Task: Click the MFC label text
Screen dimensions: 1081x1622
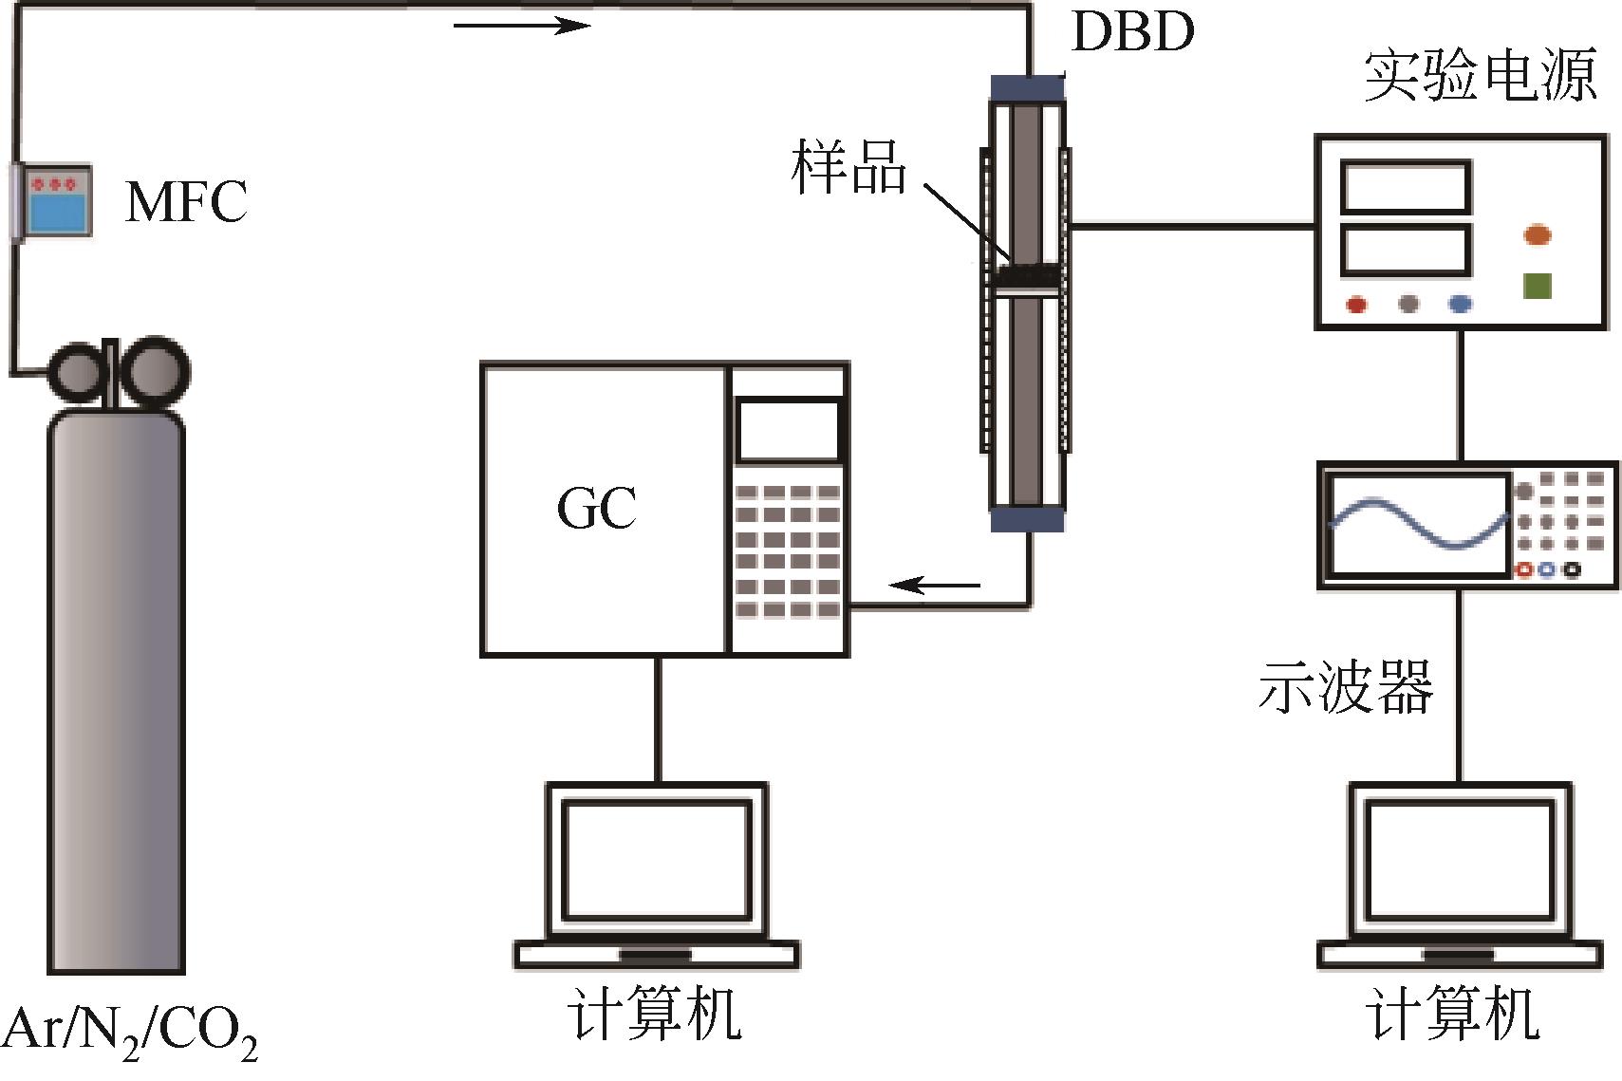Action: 186,200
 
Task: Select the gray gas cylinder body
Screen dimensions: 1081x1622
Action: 117,683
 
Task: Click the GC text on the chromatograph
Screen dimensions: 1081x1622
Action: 596,510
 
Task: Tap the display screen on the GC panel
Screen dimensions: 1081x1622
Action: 789,430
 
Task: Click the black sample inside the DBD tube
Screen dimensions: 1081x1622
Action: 1027,275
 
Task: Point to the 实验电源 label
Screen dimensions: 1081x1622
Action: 1480,76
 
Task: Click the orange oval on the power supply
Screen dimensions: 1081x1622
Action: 1537,234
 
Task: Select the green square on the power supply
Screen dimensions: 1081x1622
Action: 1537,286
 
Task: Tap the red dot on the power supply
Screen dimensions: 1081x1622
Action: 1357,305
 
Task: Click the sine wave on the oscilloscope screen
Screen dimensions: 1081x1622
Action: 1419,527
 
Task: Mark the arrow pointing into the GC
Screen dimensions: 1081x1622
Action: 934,585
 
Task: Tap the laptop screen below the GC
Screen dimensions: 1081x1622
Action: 656,859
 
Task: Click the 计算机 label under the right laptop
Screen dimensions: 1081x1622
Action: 1451,1016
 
